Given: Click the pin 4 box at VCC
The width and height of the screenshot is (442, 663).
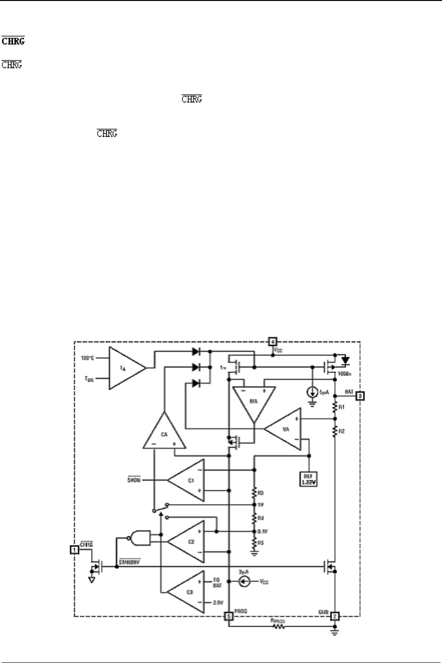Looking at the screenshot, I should (x=271, y=341).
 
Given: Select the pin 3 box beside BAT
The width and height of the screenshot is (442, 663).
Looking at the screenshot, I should (x=361, y=395).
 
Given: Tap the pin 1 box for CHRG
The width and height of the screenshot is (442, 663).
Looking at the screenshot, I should (x=74, y=549).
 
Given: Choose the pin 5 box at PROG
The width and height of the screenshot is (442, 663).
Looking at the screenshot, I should (x=229, y=616).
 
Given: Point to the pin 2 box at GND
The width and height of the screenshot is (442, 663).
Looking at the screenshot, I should (x=335, y=616).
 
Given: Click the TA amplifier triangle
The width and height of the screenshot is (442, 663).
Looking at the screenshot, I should (x=125, y=368).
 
